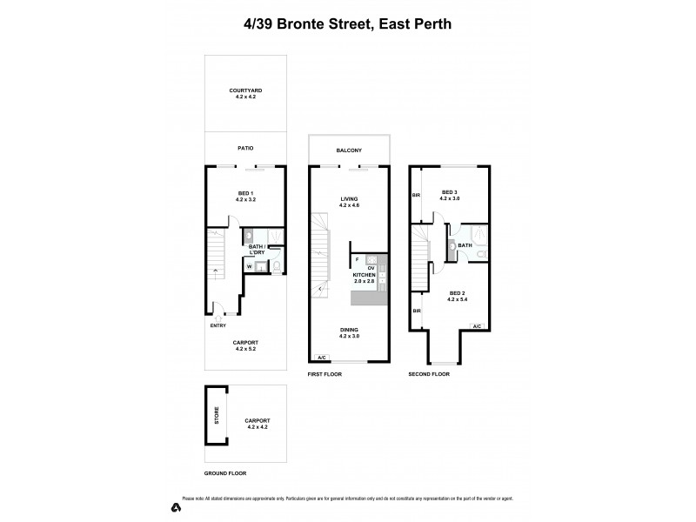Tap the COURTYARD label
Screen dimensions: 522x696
(x=246, y=90)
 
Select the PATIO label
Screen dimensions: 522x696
(x=246, y=148)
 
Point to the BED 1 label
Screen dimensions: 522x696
(x=244, y=193)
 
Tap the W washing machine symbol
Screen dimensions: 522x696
(x=250, y=266)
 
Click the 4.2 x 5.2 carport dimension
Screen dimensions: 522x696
(x=246, y=350)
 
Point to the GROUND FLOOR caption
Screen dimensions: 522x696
(x=225, y=473)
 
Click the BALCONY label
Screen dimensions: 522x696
(x=350, y=151)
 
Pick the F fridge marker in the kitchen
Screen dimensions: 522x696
(x=357, y=259)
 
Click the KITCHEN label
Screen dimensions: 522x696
(x=364, y=274)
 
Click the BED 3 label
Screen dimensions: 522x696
(x=449, y=192)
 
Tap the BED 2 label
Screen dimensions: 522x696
(x=458, y=293)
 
